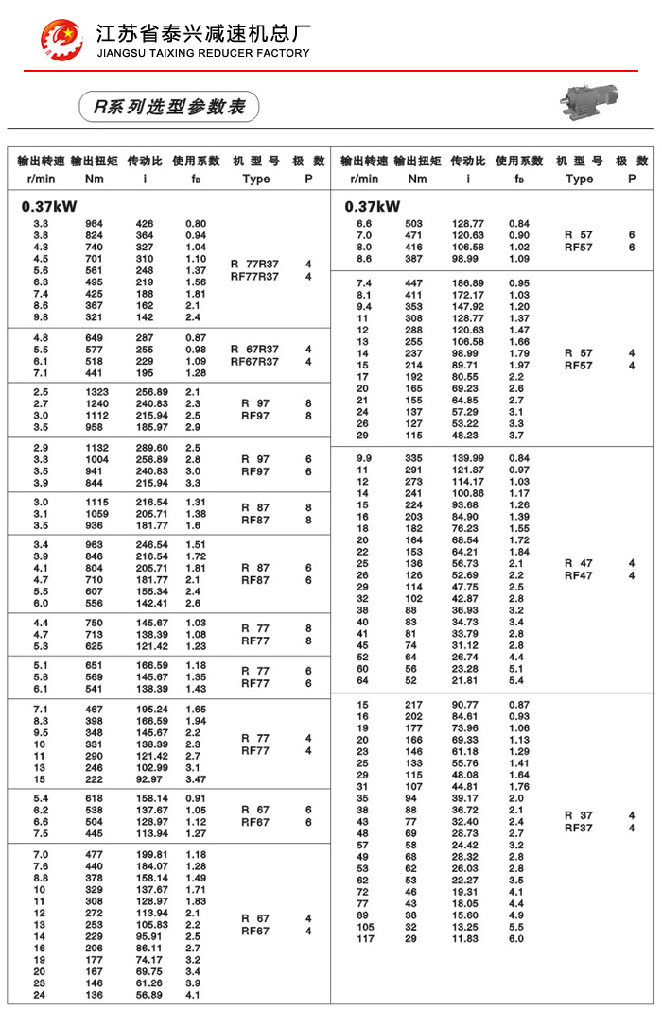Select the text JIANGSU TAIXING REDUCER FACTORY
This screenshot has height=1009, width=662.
[203, 53]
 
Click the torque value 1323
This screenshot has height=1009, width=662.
[97, 391]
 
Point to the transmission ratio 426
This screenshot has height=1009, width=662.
[145, 224]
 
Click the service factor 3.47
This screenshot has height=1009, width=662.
[196, 779]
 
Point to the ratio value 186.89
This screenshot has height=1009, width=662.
[468, 283]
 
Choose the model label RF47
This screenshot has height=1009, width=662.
[579, 575]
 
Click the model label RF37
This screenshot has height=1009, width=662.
[579, 829]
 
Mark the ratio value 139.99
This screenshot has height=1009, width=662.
[468, 458]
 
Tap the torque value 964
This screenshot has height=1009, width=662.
[95, 224]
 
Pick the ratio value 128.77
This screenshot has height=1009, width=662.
[468, 224]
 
